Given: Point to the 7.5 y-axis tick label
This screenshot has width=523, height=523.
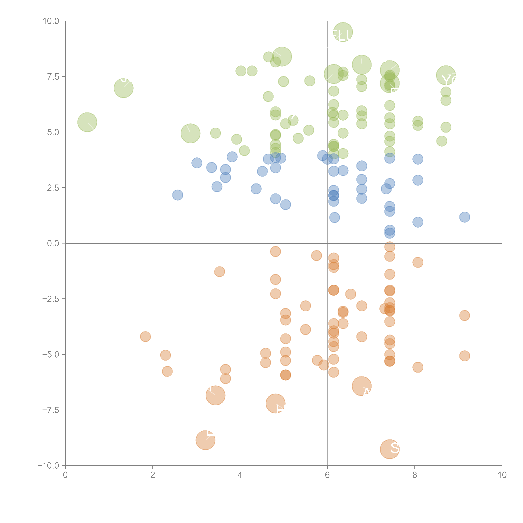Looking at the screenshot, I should [53, 77].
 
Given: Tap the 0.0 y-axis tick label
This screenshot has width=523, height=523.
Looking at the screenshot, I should [53, 243].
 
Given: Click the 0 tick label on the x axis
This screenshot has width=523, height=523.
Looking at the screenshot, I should [65, 475].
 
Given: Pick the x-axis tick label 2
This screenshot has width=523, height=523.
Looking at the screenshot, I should [153, 475].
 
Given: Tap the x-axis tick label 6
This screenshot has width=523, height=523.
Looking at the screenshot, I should [327, 475].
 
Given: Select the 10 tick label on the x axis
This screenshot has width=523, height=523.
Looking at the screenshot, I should [502, 475].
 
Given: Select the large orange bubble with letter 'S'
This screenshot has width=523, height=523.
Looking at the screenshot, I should [390, 449].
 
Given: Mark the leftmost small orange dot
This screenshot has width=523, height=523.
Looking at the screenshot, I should [145, 336].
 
